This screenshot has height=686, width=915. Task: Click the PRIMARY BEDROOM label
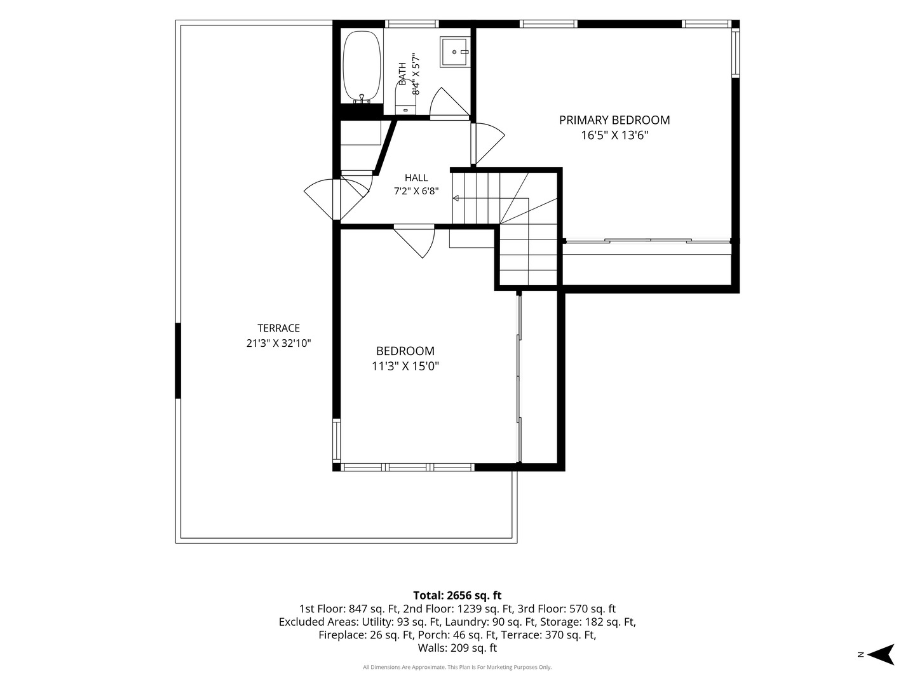(614, 121)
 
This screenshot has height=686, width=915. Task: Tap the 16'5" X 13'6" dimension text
(615, 135)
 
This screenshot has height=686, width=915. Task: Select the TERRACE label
(278, 328)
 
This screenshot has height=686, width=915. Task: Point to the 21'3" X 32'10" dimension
(278, 343)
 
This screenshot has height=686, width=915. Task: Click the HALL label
(416, 178)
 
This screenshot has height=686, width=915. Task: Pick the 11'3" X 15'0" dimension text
(405, 366)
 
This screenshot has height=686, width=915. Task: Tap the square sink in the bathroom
(455, 51)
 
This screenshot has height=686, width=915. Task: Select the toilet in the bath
(405, 98)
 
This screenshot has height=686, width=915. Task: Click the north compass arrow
(882, 654)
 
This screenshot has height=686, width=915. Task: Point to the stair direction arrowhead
(456, 198)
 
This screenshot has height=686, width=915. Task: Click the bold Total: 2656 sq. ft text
(457, 595)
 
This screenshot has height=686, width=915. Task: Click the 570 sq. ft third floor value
(592, 609)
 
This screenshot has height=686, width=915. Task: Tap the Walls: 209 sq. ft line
(457, 648)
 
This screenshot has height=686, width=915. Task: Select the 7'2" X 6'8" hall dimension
(416, 191)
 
